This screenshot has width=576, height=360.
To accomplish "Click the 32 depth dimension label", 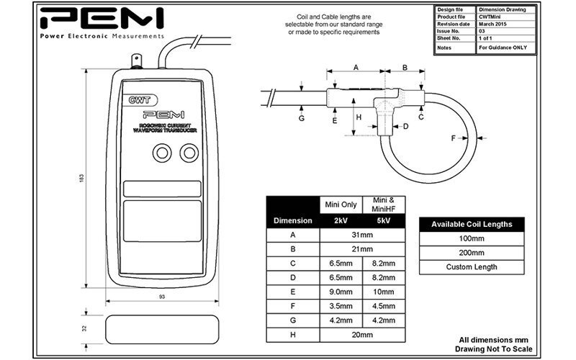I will tap(84, 328).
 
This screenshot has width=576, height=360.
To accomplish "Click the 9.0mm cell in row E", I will tap(341, 292).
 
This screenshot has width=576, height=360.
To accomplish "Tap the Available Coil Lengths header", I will tap(472, 224).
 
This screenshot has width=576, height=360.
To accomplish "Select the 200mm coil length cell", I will tap(472, 252).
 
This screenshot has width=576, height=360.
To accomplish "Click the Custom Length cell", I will tap(472, 266).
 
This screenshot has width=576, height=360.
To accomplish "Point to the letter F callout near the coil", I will tap(453, 137).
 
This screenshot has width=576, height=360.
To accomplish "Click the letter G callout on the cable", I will tap(302, 117).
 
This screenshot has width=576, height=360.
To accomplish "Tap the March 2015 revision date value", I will tap(497, 24).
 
